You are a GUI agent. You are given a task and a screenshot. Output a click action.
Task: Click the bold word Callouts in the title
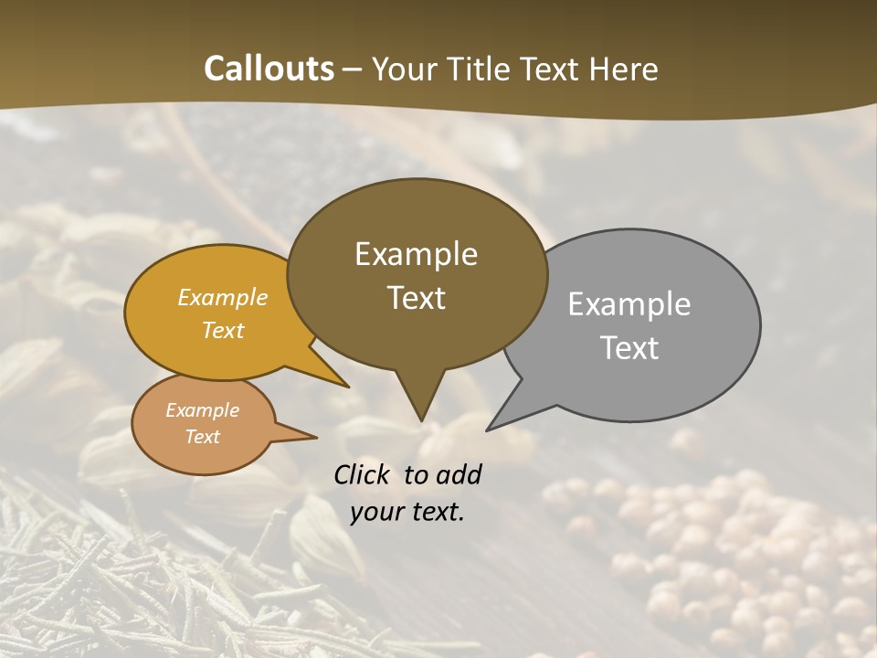pyautogui.click(x=269, y=69)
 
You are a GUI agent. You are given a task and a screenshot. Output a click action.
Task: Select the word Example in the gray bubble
pyautogui.click(x=629, y=303)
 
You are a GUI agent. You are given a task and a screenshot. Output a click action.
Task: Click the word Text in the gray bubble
pyautogui.click(x=629, y=348)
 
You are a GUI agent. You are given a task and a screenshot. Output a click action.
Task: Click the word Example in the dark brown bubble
pyautogui.click(x=416, y=254)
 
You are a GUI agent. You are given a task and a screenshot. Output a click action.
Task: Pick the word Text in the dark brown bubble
pyautogui.click(x=416, y=298)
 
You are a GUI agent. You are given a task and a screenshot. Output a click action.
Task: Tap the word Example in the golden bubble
pyautogui.click(x=223, y=297)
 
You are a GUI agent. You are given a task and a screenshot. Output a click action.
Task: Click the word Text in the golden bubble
pyautogui.click(x=223, y=330)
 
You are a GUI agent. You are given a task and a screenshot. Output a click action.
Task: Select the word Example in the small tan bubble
pyautogui.click(x=203, y=410)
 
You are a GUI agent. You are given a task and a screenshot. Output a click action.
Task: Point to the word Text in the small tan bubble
pyautogui.click(x=203, y=437)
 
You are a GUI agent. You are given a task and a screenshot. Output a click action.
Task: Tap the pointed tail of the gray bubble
pyautogui.click(x=493, y=426)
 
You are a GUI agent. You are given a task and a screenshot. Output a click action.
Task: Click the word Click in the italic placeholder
pyautogui.click(x=364, y=474)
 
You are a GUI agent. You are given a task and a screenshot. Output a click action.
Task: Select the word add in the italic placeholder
pyautogui.click(x=459, y=474)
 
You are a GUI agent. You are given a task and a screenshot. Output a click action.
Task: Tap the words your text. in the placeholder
pyautogui.click(x=407, y=512)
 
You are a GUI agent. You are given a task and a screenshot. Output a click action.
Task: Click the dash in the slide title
pyautogui.click(x=354, y=69)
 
